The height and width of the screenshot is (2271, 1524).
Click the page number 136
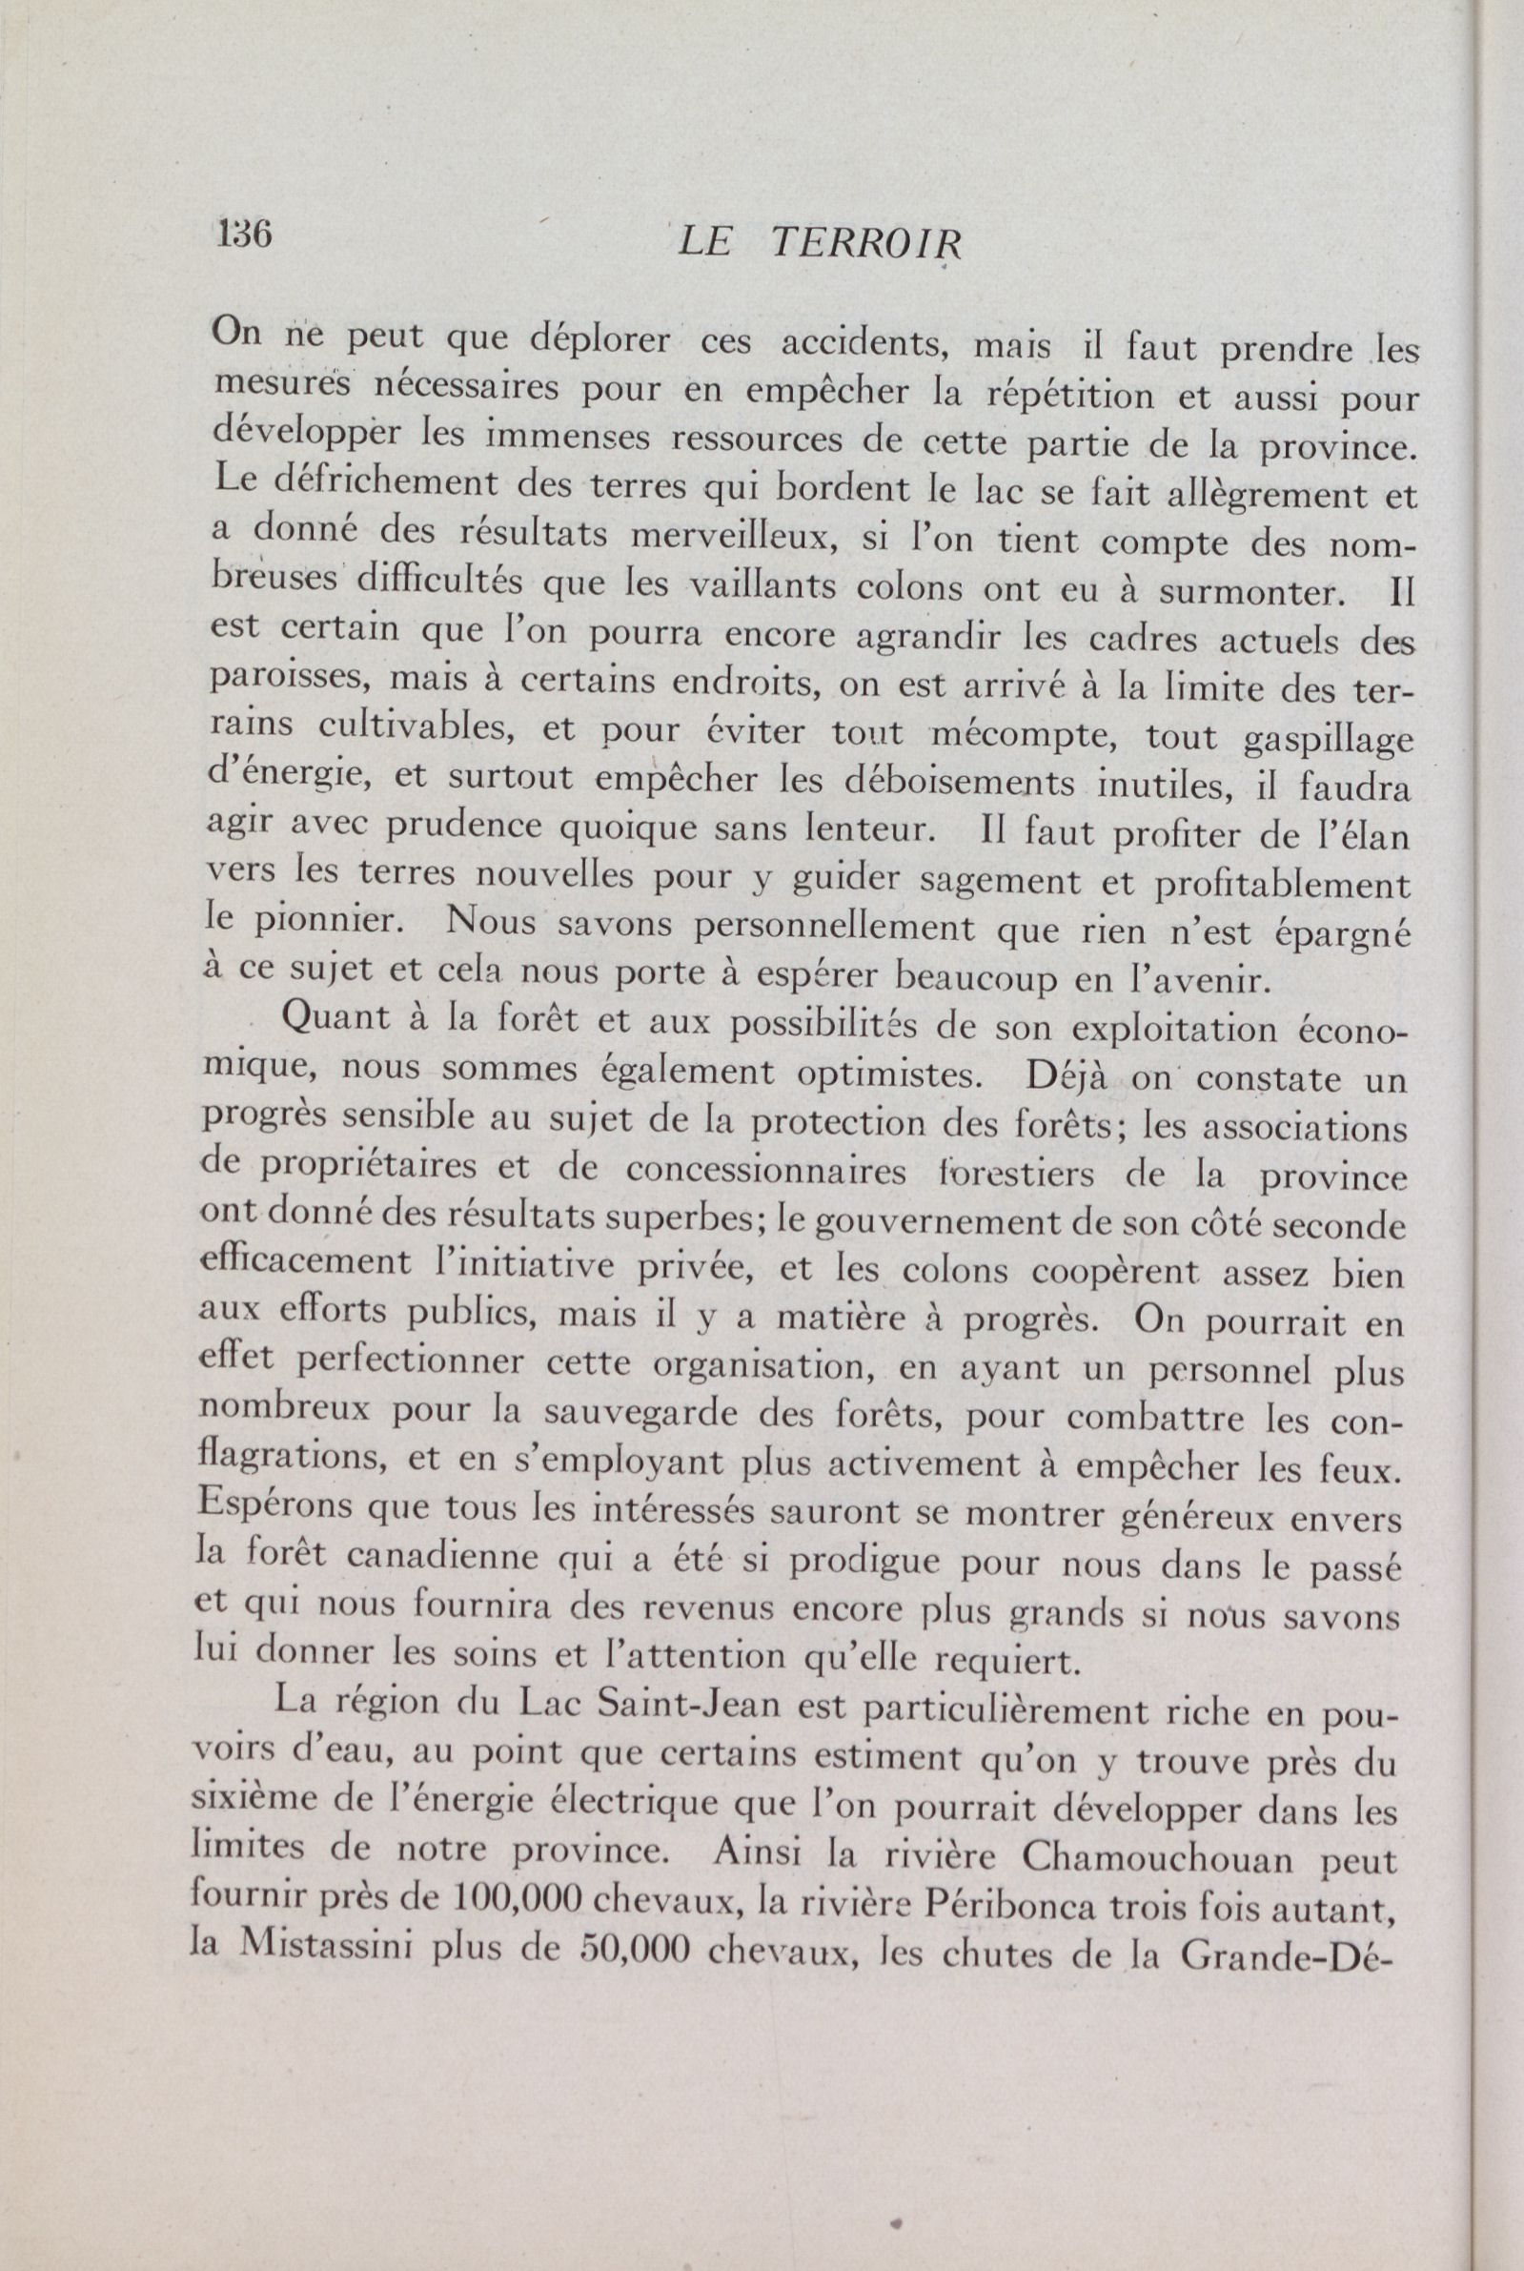[244, 235]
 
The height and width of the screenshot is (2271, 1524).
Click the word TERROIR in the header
[864, 244]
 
